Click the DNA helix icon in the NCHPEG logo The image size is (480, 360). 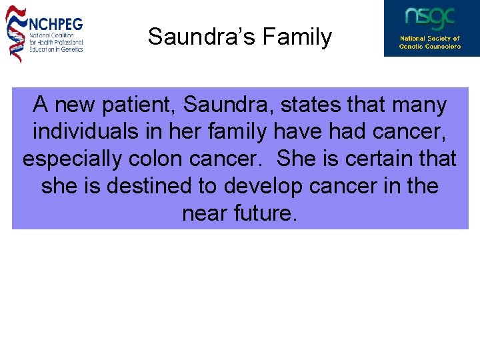(15, 33)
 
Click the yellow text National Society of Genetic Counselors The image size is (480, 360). (430, 43)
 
